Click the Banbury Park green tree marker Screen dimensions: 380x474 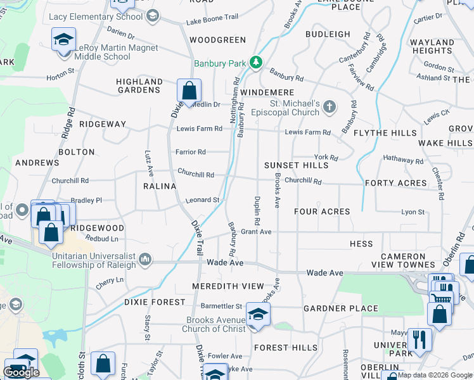coord(255,62)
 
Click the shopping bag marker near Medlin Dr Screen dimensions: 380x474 coord(189,91)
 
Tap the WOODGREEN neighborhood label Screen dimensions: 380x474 coord(217,40)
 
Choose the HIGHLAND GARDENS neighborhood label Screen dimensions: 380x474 coord(139,85)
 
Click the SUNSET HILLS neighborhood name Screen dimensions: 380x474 coord(297,165)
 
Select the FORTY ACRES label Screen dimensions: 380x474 coord(396,183)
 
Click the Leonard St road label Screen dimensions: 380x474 coord(202,200)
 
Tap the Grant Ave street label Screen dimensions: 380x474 coord(256,232)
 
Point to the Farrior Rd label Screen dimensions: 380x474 coord(191,152)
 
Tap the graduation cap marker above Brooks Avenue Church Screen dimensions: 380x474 coord(258,313)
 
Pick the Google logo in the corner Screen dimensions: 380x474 coord(21,372)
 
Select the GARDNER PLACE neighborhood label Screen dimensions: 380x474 coord(340,308)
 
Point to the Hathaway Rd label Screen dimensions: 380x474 coord(402,161)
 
